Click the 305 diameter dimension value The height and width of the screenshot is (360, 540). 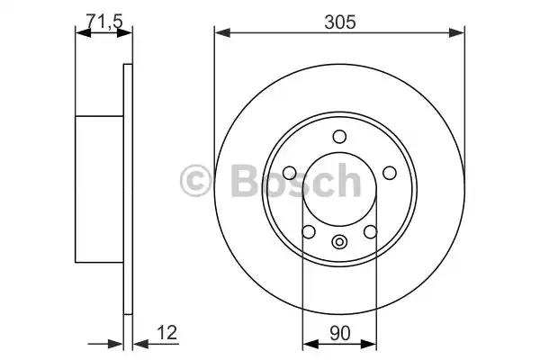(339, 22)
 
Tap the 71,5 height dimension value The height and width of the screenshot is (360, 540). (104, 22)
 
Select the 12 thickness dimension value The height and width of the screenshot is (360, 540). (167, 332)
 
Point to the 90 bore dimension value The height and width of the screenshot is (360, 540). (339, 333)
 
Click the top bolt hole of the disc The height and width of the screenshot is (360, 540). (339, 137)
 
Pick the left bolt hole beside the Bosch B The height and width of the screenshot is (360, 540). (289, 173)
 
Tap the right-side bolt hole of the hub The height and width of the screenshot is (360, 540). (390, 173)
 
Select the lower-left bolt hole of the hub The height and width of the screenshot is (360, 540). (308, 231)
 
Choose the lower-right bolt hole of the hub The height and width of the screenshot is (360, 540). (371, 231)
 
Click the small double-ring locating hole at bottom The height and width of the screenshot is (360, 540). (339, 242)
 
